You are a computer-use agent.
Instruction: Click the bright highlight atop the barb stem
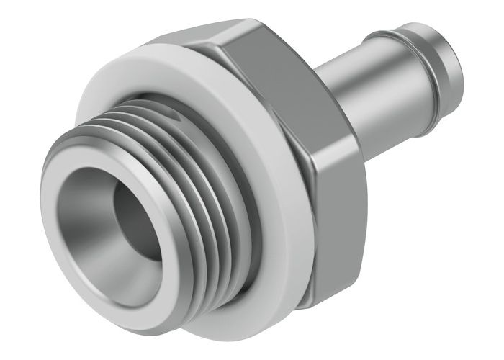(360, 58)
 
